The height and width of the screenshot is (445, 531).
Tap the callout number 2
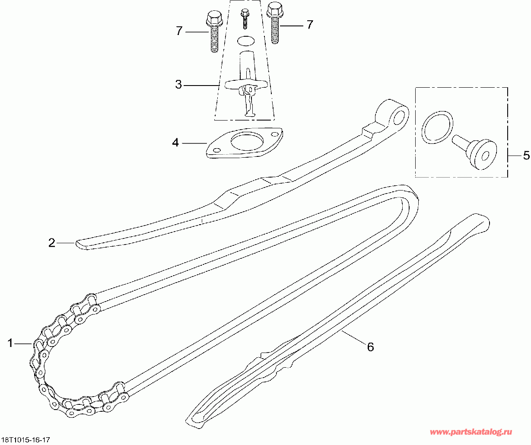coord(52,243)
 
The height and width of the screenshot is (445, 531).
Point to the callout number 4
coord(175,143)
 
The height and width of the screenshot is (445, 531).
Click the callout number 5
coord(526,156)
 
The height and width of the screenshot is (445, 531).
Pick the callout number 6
coord(370,346)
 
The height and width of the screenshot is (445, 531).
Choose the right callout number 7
coord(309,25)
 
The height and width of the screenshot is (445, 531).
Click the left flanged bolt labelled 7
coord(213,32)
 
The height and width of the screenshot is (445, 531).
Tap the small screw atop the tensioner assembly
coord(245,18)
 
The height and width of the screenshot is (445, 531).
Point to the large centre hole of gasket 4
coord(244,141)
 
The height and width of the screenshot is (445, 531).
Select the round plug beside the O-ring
coord(480,153)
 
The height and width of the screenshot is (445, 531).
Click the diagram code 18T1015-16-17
coord(25,440)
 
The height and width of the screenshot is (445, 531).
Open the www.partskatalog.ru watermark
coord(471,432)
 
